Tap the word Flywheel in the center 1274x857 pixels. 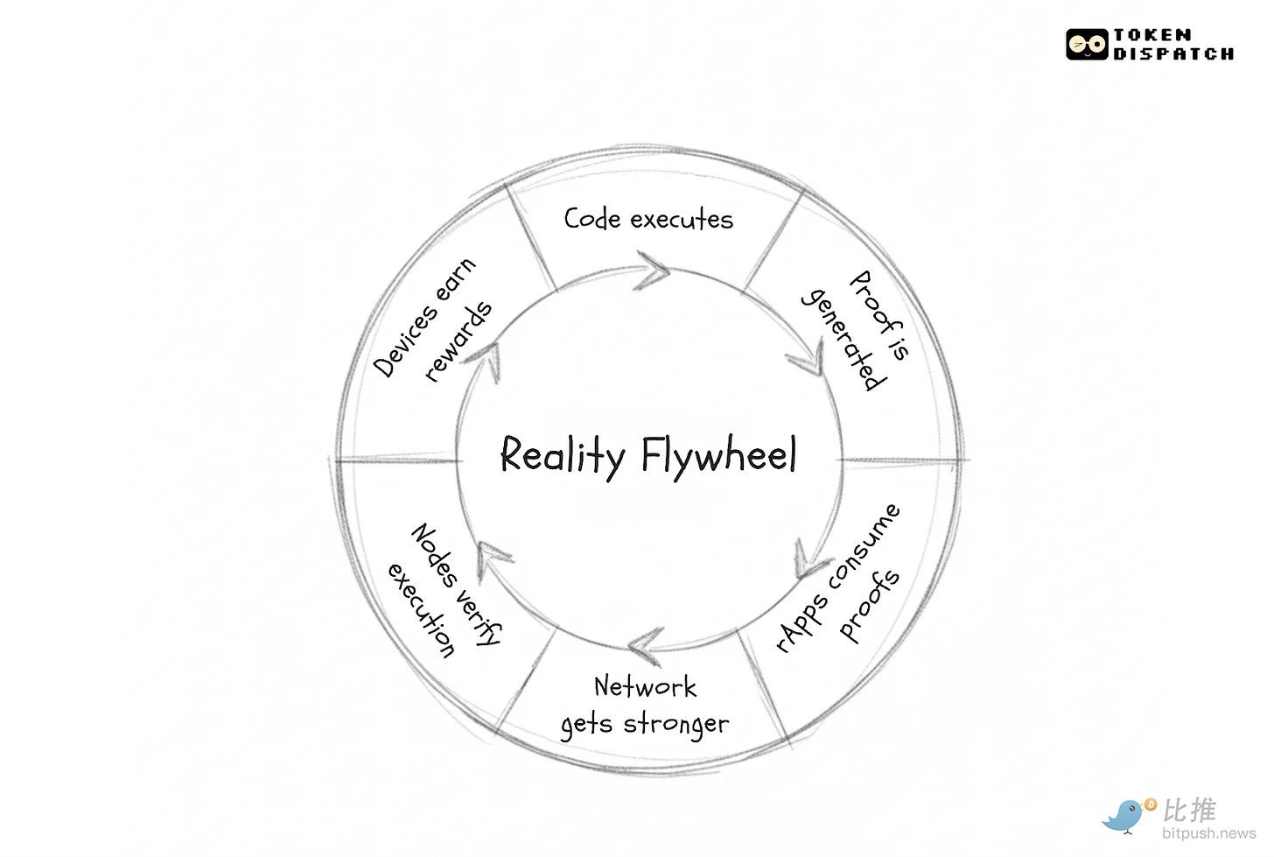718,455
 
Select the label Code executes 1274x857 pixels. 648,219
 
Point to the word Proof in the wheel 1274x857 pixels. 874,303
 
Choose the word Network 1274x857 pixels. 645,686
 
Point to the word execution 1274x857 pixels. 422,610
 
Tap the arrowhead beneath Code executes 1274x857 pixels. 653,269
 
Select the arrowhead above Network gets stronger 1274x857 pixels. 645,645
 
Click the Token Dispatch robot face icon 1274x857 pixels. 1087,44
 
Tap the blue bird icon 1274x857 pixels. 1125,815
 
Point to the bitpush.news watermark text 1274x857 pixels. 1208,834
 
